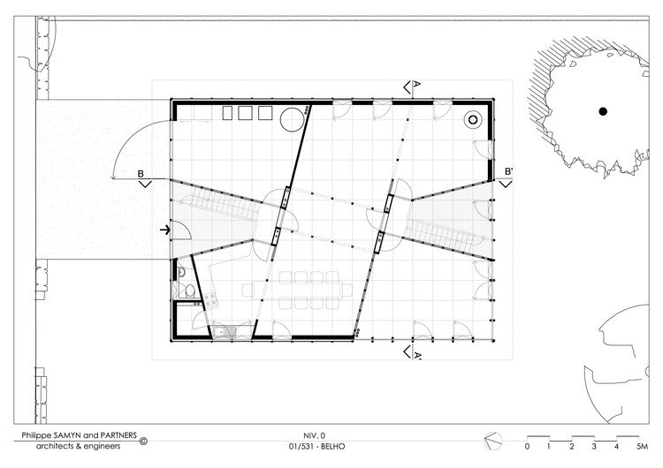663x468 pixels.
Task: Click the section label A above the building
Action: click(x=416, y=84)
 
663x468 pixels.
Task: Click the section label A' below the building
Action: click(x=417, y=355)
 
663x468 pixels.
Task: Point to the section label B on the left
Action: click(x=141, y=174)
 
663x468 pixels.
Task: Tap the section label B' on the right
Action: click(x=508, y=171)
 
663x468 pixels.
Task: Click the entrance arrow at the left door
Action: click(x=165, y=230)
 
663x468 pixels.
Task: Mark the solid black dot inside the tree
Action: click(x=603, y=111)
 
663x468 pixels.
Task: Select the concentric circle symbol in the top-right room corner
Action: click(x=473, y=120)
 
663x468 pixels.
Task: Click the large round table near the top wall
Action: click(x=293, y=119)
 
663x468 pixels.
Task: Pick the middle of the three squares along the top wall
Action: click(x=245, y=113)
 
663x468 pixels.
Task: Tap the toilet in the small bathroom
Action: click(x=190, y=291)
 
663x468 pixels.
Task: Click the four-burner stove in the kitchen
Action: click(x=210, y=299)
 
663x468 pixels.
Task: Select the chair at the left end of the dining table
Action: click(x=248, y=291)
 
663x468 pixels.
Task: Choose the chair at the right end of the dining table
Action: click(x=346, y=291)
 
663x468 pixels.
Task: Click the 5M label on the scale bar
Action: click(x=643, y=447)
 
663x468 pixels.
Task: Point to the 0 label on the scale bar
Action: click(x=527, y=447)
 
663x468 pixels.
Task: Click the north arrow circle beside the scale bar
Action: click(x=493, y=441)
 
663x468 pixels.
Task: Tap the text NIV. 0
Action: click(x=314, y=436)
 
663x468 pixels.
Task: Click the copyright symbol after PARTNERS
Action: click(x=143, y=441)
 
